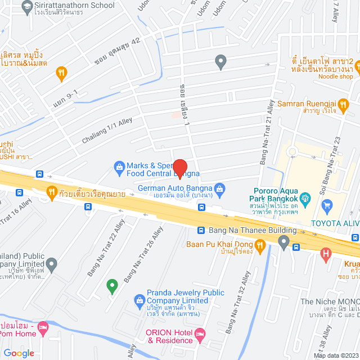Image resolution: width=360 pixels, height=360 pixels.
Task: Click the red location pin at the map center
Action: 179,169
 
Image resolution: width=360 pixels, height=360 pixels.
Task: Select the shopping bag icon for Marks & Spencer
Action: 119,166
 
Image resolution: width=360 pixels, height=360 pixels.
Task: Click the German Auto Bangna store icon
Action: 220,188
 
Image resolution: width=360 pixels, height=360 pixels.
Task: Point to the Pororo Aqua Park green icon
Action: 305,197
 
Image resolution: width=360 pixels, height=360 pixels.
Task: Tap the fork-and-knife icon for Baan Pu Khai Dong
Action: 259,245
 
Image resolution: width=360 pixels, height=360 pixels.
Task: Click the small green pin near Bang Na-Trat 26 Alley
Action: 112,285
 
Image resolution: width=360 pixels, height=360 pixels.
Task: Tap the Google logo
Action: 19,353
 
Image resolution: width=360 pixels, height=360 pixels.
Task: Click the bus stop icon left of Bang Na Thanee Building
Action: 201,230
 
